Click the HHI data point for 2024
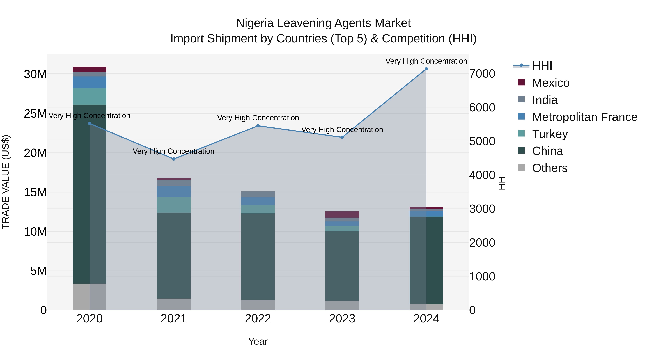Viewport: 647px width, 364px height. tap(426, 69)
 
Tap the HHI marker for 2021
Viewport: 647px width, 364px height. tap(174, 159)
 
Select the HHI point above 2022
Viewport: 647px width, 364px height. tap(258, 126)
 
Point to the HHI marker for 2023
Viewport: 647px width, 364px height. tap(342, 137)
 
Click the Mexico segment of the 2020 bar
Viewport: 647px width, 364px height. tap(90, 69)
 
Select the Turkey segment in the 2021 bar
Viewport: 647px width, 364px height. tap(174, 205)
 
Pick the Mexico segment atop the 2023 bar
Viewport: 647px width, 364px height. tap(342, 214)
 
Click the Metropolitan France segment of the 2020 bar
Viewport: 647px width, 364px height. tap(90, 82)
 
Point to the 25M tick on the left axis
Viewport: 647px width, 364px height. tap(35, 114)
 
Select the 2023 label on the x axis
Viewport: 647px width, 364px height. tap(342, 319)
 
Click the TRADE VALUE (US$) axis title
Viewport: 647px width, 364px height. tap(6, 182)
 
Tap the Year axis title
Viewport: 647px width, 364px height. tap(258, 341)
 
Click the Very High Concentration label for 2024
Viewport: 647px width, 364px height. tap(426, 61)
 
